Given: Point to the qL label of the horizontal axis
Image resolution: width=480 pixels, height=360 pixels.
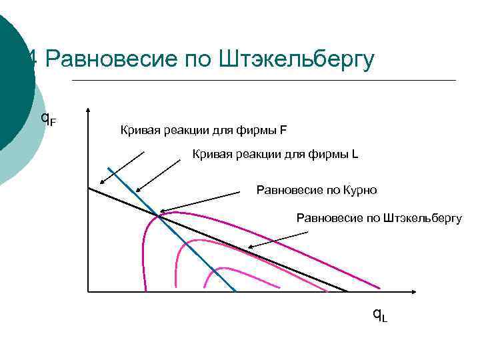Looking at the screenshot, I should pyautogui.click(x=380, y=315).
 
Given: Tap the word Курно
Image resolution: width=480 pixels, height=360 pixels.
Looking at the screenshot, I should pyautogui.click(x=361, y=190).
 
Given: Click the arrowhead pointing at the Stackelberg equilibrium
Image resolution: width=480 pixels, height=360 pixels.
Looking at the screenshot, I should pyautogui.click(x=249, y=249).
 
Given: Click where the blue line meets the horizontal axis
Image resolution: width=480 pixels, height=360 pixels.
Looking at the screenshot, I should pyautogui.click(x=237, y=291).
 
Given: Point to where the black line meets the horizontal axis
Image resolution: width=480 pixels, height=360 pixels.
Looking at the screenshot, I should pyautogui.click(x=347, y=291).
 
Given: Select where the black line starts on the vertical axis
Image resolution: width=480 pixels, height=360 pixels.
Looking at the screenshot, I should pyautogui.click(x=88, y=188).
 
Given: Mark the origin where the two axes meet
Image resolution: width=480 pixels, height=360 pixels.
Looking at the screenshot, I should pyautogui.click(x=88, y=291).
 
